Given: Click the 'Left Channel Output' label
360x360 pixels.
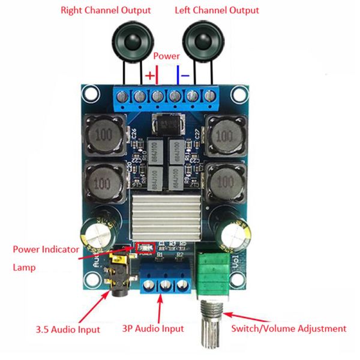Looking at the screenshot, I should point(217,10).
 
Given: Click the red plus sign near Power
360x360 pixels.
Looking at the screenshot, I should point(149,76).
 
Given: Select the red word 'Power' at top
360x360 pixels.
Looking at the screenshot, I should point(166,55).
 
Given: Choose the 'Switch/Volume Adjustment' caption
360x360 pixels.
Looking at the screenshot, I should point(289,329).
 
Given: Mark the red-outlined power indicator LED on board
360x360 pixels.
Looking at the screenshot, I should point(145,247).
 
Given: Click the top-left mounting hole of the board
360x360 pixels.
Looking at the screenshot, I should point(91,94).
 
